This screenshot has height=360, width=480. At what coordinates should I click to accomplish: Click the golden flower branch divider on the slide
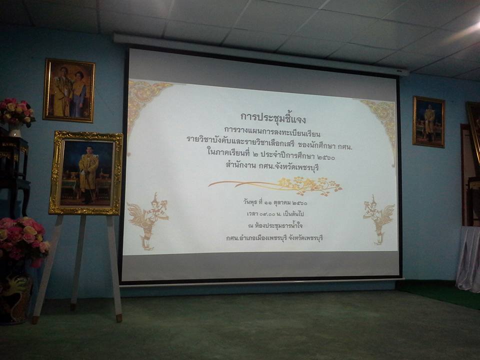[275, 185]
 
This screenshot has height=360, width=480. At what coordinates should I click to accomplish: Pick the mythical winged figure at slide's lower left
[148, 220]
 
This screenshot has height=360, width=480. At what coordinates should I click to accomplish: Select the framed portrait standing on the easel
[86, 173]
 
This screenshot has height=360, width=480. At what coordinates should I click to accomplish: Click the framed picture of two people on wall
[69, 90]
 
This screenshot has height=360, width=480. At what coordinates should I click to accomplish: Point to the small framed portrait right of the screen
[428, 121]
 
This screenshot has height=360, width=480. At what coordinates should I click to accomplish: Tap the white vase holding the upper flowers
[14, 130]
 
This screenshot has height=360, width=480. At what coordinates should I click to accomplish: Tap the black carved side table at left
[14, 171]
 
